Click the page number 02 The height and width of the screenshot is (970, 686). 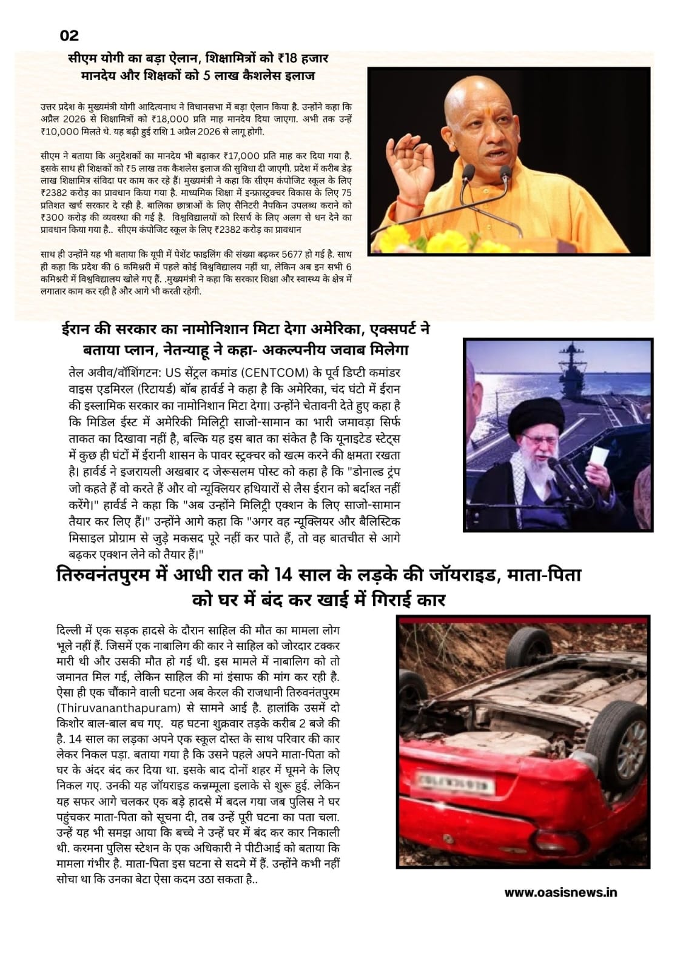(69, 36)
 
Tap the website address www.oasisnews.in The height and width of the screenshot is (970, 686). (560, 892)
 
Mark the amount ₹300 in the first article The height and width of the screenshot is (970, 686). (52, 217)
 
